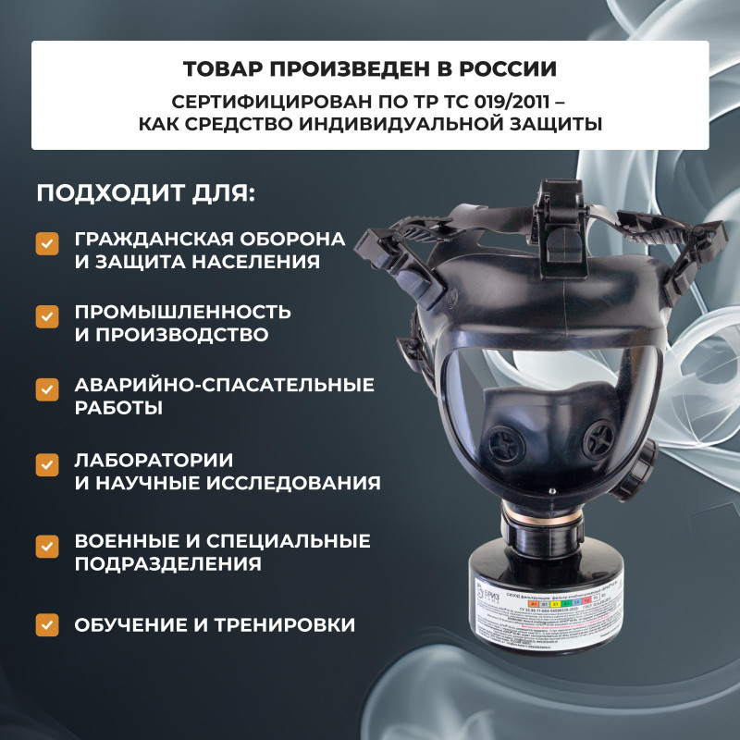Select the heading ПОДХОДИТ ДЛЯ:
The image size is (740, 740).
point(144,196)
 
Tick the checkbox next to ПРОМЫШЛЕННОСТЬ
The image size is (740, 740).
point(47,316)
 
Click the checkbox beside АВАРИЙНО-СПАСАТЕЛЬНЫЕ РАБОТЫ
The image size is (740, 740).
point(47,389)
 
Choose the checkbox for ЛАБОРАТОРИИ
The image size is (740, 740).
point(47,464)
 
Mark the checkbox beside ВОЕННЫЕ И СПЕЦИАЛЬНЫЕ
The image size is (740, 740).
point(47,546)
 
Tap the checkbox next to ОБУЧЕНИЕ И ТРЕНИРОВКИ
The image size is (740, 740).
point(47,625)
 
